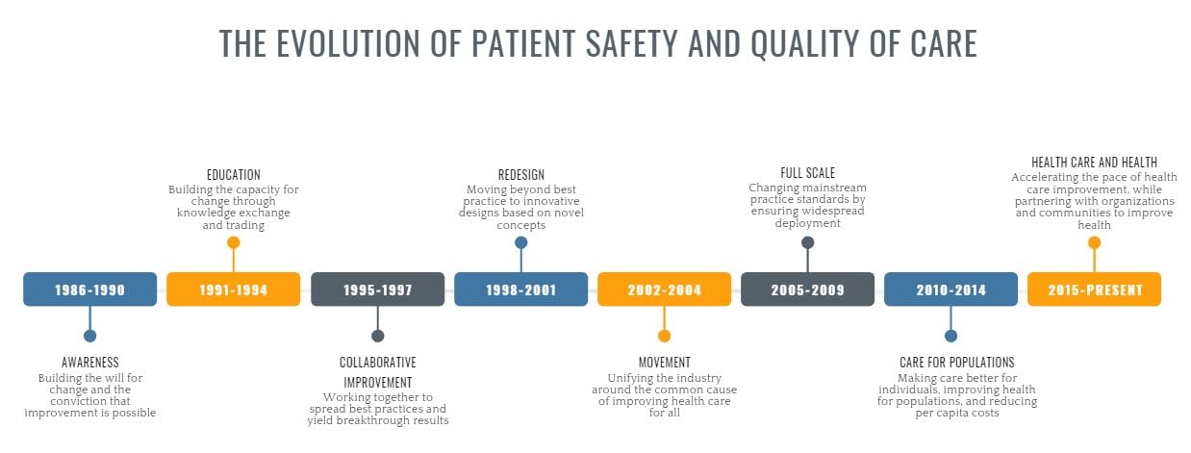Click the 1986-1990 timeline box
[x=89, y=289]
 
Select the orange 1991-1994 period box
[x=233, y=289]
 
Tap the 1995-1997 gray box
[x=377, y=289]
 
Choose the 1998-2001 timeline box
[x=520, y=289]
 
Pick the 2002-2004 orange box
[x=664, y=289]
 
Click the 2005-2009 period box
[x=807, y=289]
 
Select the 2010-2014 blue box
[x=950, y=289]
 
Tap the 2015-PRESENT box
[x=1094, y=289]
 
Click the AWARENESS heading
[x=90, y=363]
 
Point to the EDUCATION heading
[x=233, y=175]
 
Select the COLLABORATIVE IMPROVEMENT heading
[x=377, y=371]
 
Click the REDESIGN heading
[x=520, y=175]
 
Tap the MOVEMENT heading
[x=664, y=363]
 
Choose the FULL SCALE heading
[x=807, y=173]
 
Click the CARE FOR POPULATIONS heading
[x=956, y=363]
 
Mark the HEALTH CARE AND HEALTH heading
[x=1094, y=163]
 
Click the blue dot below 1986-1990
[x=89, y=336]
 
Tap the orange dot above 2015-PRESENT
[x=1094, y=242]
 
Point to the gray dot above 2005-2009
[x=807, y=242]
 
